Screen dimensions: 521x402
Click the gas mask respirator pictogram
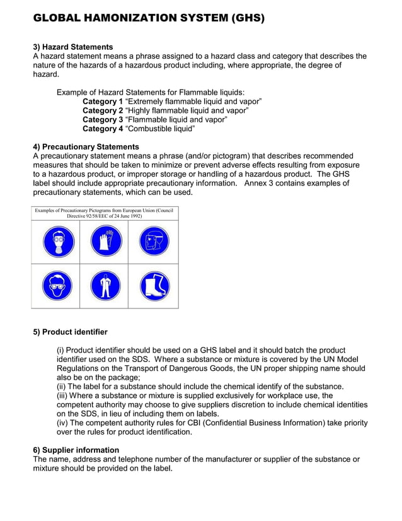[x=58, y=242]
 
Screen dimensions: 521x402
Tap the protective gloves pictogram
[x=105, y=242]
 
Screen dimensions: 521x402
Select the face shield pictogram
[x=154, y=242]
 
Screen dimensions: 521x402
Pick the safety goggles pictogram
[x=58, y=286]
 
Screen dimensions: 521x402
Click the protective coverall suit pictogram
[x=105, y=286]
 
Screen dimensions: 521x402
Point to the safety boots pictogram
[x=154, y=286]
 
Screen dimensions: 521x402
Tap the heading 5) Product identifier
[x=70, y=332]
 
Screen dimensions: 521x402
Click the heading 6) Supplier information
[x=76, y=450]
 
